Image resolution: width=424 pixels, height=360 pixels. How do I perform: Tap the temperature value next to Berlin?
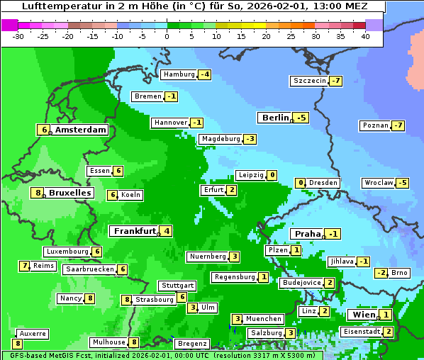302,118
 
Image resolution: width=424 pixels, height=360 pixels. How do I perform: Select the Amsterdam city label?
81,130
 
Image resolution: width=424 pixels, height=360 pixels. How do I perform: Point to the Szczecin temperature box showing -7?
335,81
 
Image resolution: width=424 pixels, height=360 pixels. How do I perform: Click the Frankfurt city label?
133,230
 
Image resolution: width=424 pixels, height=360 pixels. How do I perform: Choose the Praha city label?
308,234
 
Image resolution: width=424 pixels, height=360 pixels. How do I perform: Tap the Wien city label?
362,315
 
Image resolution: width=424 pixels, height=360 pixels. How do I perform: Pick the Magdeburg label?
220,139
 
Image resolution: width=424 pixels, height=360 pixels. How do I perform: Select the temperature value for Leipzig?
272,175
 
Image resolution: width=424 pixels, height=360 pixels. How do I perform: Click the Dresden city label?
323,183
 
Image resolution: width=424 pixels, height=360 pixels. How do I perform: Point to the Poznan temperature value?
398,126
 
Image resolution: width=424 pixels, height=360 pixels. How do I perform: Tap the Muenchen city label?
264,319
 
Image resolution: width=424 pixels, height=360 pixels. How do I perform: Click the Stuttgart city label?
177,286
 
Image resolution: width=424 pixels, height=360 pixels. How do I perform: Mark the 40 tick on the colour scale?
365,35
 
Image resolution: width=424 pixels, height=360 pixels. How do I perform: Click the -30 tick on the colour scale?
18,35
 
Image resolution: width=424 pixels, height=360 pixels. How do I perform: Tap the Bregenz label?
191,344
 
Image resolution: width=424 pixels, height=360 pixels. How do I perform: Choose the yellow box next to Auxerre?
18,344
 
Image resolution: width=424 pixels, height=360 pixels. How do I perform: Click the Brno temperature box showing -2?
381,273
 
